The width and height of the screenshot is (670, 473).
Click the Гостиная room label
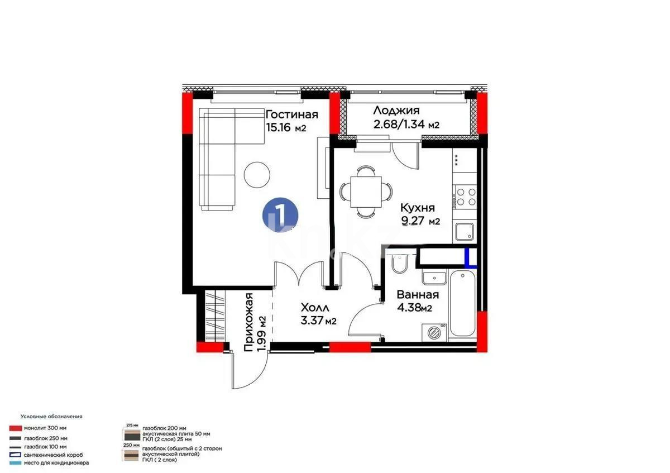tap(291, 115)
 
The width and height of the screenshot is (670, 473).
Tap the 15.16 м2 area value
tap(286, 128)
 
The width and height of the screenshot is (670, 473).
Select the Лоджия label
tap(396, 111)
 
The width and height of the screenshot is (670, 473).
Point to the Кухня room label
tap(418, 208)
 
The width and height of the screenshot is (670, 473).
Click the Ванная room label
tap(417, 295)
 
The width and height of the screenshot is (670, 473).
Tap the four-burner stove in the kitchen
tap(466, 197)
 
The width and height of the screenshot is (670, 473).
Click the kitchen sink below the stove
tap(465, 232)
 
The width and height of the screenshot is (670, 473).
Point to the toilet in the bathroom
tap(400, 264)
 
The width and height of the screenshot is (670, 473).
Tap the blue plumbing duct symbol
tap(471, 259)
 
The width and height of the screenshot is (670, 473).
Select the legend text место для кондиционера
tap(56, 463)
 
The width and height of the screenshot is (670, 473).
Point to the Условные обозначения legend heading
tap(51, 417)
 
